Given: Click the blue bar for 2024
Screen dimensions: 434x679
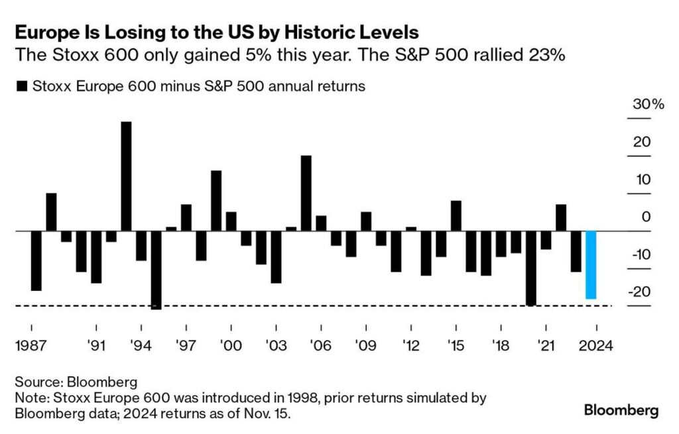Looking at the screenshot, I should pyautogui.click(x=591, y=265).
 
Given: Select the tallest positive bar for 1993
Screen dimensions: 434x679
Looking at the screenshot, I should pyautogui.click(x=126, y=176).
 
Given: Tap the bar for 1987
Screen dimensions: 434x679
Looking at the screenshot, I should pyautogui.click(x=36, y=261).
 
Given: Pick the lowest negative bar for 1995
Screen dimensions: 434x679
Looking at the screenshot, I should pyautogui.click(x=156, y=270).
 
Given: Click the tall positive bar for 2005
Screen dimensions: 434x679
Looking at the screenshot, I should pyautogui.click(x=306, y=193).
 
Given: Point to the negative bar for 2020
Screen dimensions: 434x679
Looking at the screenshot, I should pyautogui.click(x=530, y=268).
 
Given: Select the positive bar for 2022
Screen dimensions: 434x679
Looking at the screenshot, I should pyautogui.click(x=561, y=218).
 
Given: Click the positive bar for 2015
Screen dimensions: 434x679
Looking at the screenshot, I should pyautogui.click(x=456, y=216).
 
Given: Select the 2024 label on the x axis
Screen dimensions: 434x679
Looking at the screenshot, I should pyautogui.click(x=596, y=345).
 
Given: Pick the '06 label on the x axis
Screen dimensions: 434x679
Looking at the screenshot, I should pyautogui.click(x=321, y=345).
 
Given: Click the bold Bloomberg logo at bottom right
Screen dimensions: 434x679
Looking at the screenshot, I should pyautogui.click(x=621, y=410).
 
